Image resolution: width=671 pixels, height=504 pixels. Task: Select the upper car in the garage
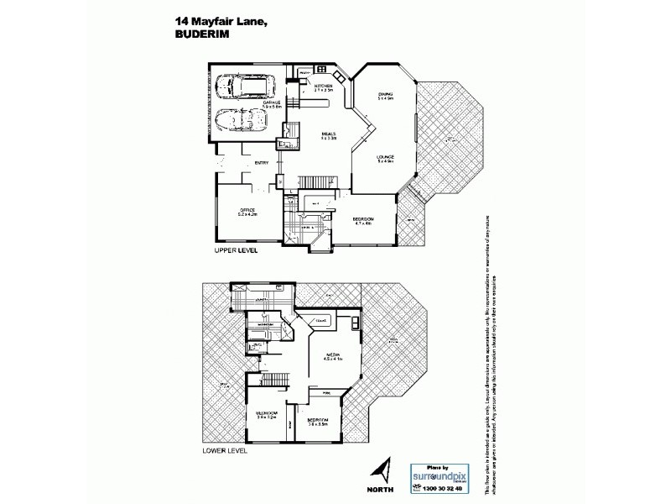click(x=240, y=87)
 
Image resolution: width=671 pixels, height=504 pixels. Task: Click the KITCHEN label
click(x=325, y=87)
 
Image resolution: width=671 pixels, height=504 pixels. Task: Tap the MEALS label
click(x=330, y=134)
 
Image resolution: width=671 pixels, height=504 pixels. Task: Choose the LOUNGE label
click(x=386, y=158)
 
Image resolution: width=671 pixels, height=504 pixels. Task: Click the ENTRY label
click(x=262, y=163)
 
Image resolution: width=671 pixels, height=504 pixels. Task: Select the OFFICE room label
click(x=247, y=210)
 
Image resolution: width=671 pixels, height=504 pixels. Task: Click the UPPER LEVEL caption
click(x=236, y=250)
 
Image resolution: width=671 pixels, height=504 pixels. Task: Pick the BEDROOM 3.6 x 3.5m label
click(x=317, y=420)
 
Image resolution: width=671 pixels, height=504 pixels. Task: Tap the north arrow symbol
click(x=383, y=468)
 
